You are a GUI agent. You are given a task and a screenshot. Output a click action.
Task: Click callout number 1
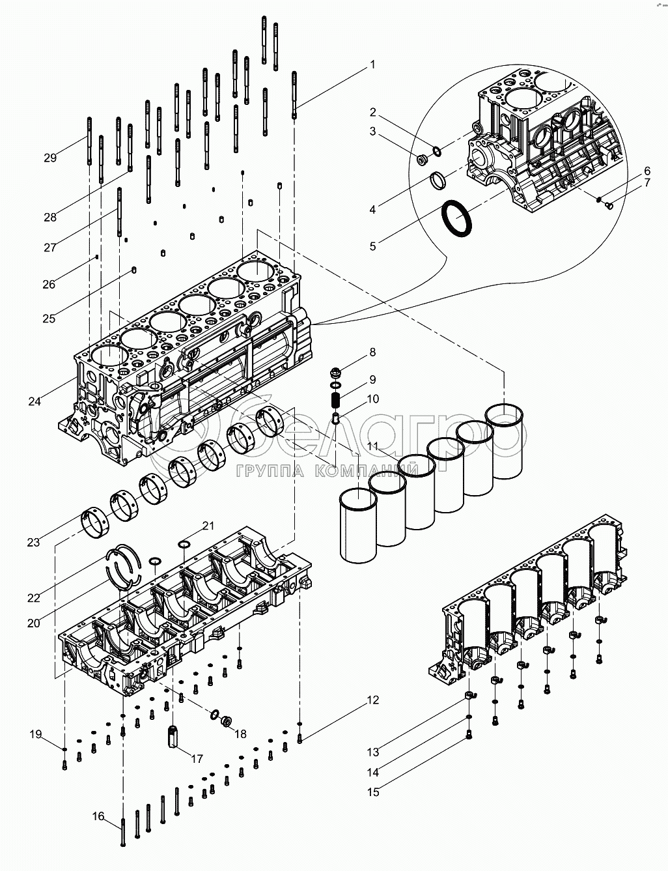[x=372, y=64]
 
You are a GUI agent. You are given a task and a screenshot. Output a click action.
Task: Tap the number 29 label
[x=50, y=158]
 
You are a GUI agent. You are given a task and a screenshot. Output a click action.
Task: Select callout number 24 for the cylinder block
[x=35, y=401]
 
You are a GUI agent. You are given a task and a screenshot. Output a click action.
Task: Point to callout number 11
[x=373, y=446]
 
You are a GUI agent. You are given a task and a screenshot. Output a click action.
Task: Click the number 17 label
[x=197, y=758]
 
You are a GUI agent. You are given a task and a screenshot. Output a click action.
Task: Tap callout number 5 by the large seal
[x=373, y=246]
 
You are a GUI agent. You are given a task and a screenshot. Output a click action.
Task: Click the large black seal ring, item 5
[x=456, y=218]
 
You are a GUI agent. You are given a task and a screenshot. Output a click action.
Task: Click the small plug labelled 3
[x=421, y=160]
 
